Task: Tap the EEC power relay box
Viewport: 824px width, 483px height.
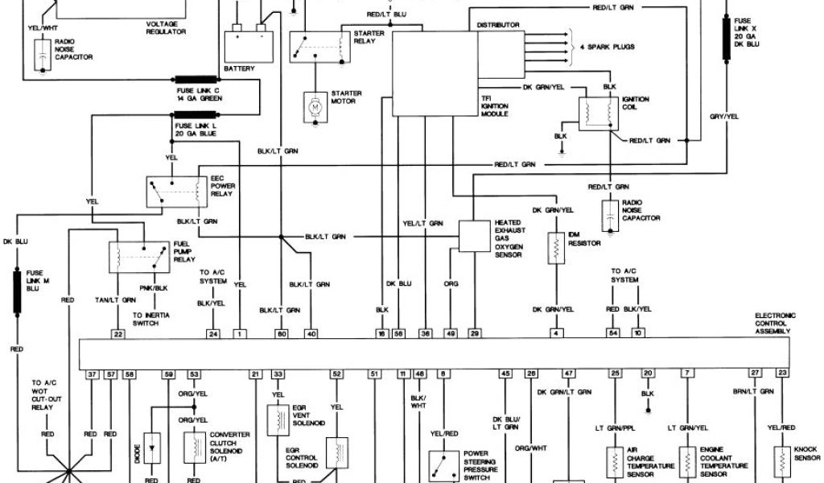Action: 174,189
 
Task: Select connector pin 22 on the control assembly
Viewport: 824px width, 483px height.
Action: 118,332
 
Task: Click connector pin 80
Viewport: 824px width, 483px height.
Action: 282,332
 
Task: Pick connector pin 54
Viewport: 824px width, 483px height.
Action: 614,332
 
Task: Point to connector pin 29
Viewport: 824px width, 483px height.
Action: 475,332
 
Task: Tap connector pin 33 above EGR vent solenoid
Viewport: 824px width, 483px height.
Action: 278,374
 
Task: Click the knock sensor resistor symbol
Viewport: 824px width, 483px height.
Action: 781,459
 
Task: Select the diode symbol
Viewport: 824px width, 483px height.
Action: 152,443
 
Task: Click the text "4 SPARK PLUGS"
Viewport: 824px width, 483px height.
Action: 607,47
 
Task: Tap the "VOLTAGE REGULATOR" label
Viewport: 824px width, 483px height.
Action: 167,27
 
